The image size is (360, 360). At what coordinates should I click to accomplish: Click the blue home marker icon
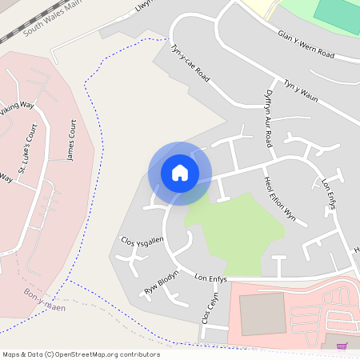[180, 173]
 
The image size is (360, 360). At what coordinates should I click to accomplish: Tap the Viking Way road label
[17, 110]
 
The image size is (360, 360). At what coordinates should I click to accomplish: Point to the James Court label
[70, 141]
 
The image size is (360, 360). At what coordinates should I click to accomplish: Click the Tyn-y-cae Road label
[190, 64]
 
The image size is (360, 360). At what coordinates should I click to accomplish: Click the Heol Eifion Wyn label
[280, 198]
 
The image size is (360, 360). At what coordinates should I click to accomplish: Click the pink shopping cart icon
[342, 346]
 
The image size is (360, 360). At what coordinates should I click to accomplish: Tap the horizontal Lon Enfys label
[211, 278]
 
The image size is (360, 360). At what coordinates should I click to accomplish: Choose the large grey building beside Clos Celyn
[262, 314]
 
